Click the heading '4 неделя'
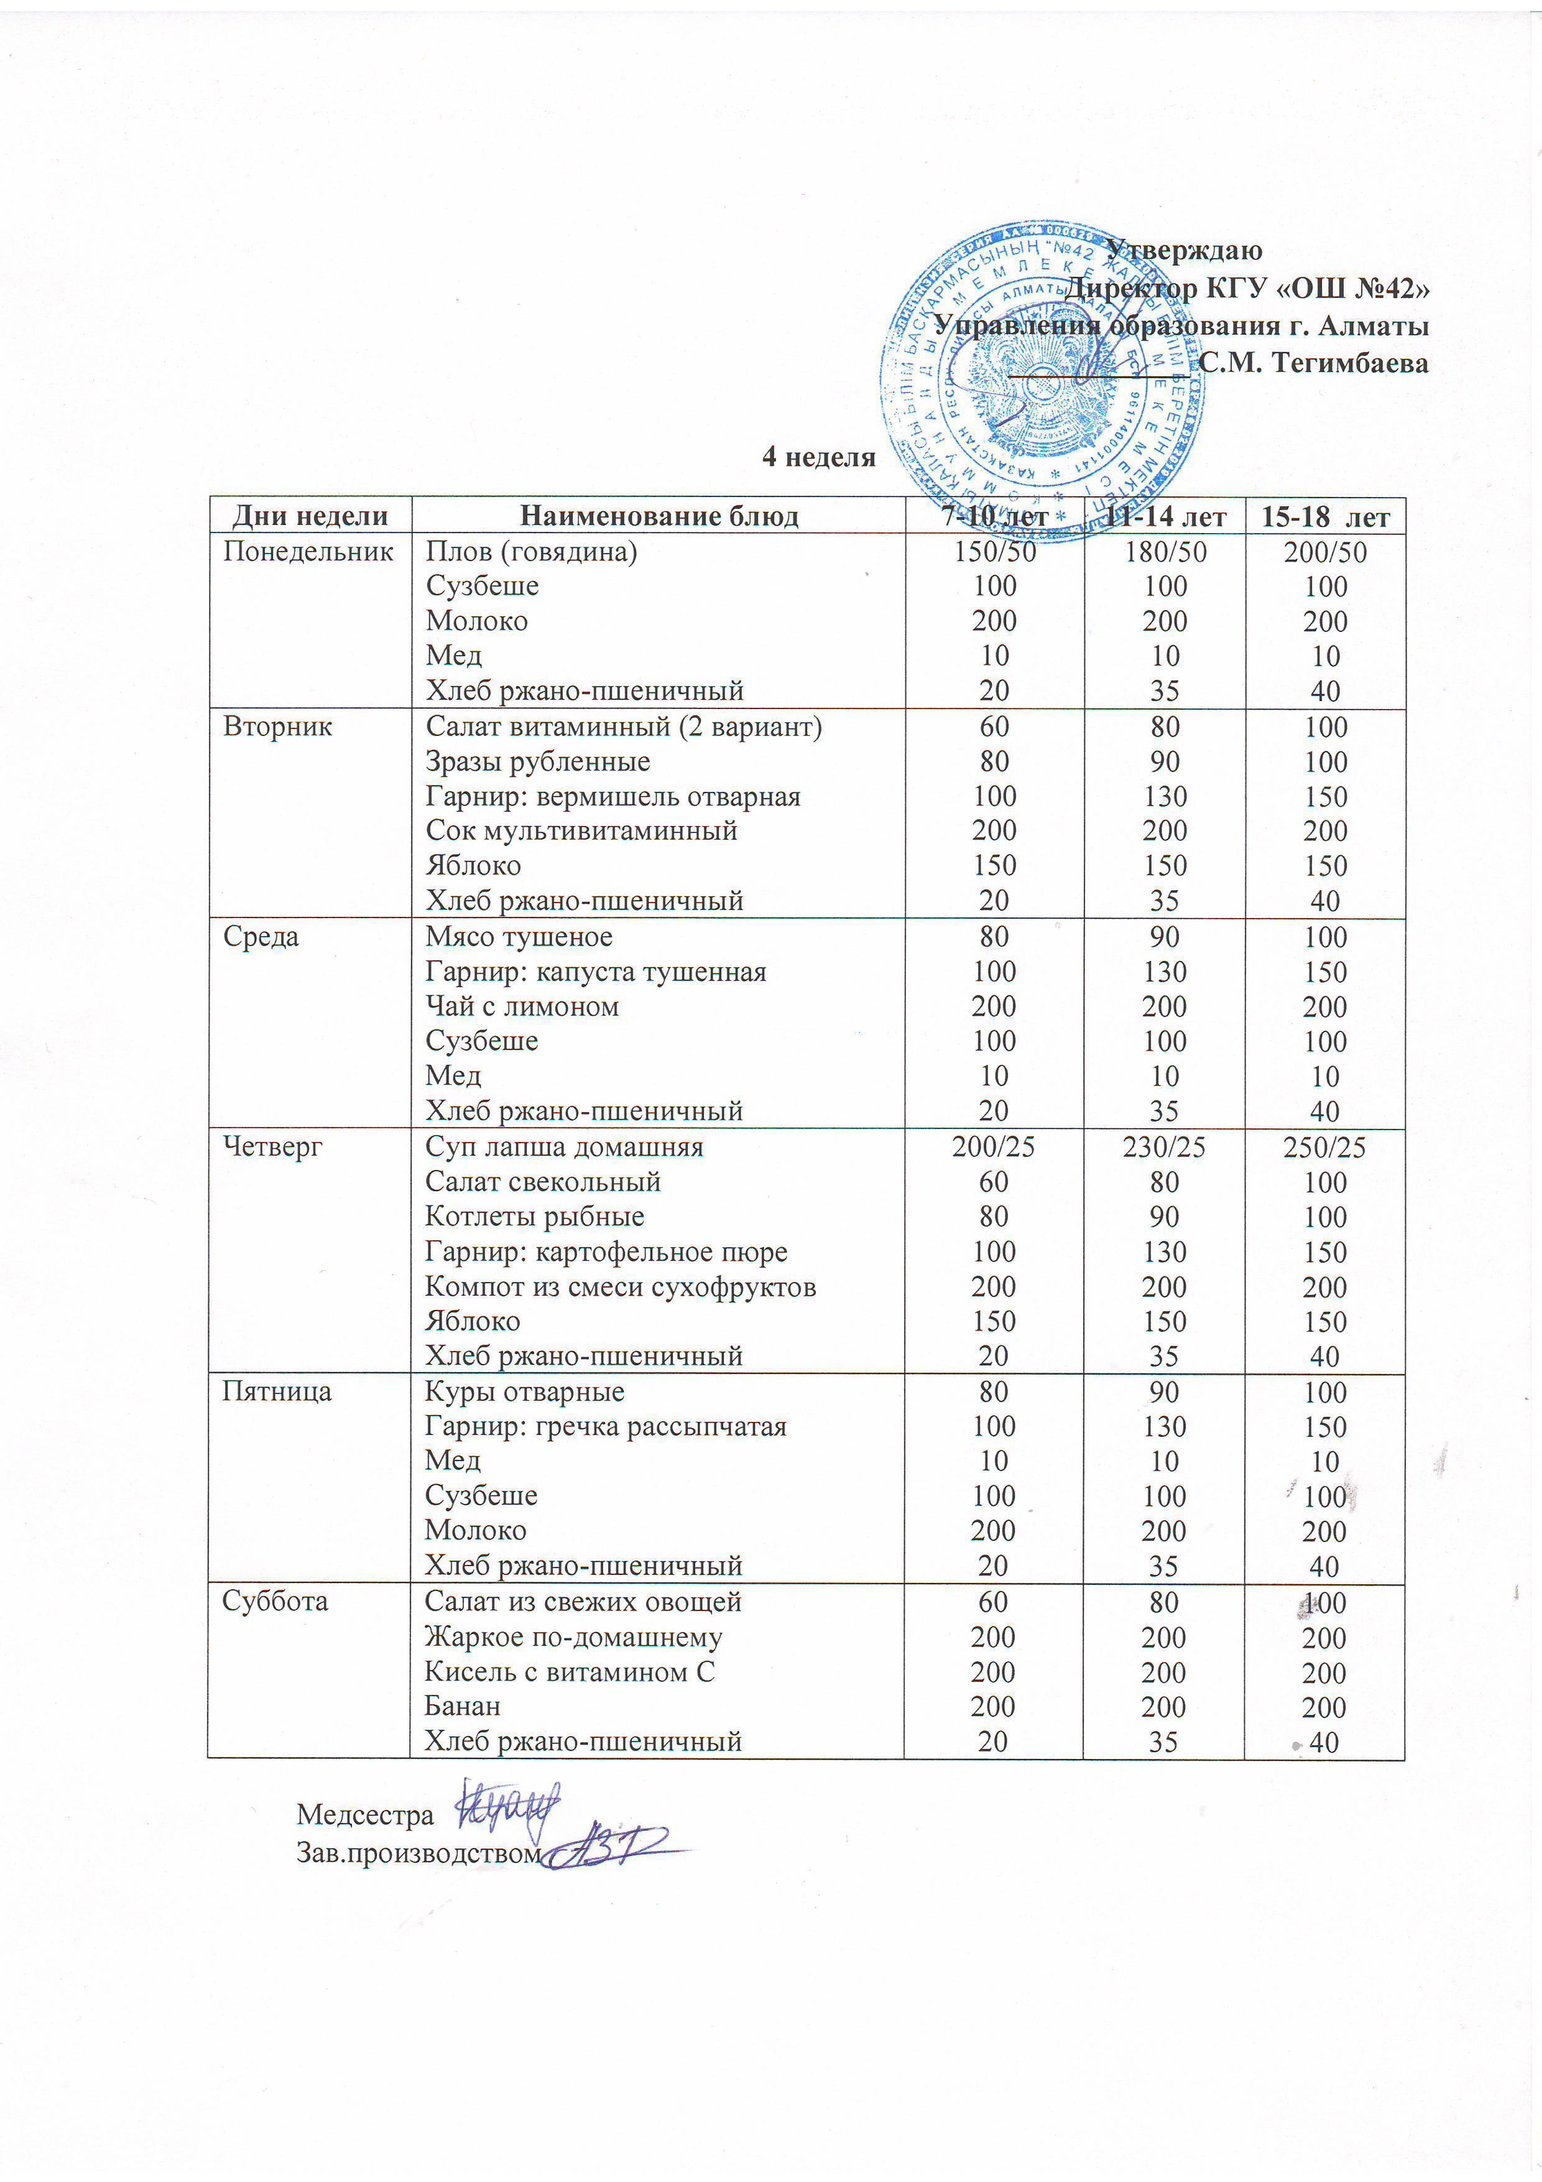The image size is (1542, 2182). tap(818, 457)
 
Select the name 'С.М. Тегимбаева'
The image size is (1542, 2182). tap(1313, 362)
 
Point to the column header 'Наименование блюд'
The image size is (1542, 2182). tap(658, 516)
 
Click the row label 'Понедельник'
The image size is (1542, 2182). tap(308, 551)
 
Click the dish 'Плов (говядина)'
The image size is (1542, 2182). tap(531, 551)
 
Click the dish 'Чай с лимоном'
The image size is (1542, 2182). tap(522, 1006)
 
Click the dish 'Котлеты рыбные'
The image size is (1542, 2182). tap(534, 1217)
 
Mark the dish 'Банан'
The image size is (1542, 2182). tap(462, 1706)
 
